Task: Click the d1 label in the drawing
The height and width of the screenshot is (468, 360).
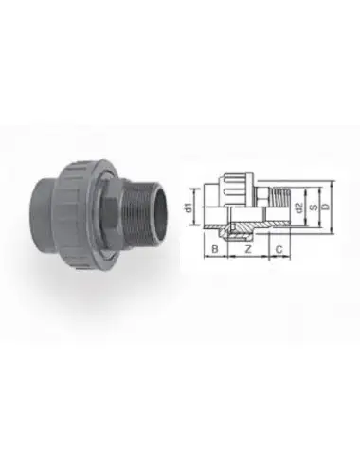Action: pos(189,204)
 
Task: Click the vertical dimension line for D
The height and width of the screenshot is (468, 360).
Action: pos(334,204)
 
